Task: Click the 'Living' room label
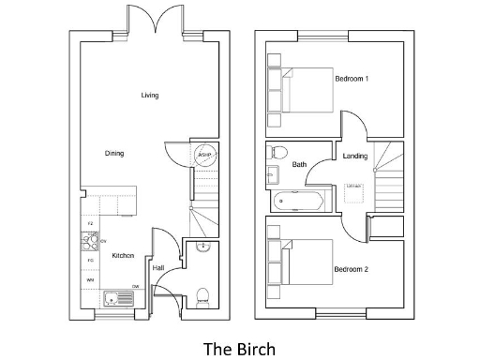[149, 96]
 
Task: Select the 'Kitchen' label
[123, 255]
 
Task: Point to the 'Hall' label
[158, 268]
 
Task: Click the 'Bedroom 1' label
[352, 79]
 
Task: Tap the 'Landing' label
[355, 156]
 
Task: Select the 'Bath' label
[299, 165]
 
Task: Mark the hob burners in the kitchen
[92, 242]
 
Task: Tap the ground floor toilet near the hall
[203, 297]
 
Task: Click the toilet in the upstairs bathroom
[277, 152]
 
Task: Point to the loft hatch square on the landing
[354, 187]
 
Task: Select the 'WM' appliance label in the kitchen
[90, 279]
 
